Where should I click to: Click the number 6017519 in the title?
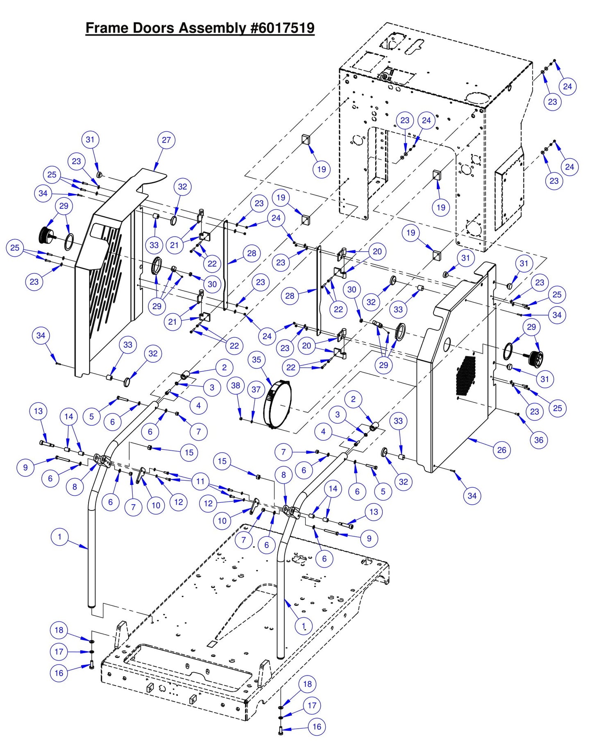283,28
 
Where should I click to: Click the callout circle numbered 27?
166,140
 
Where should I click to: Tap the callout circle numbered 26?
501,450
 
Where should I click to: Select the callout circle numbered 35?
256,359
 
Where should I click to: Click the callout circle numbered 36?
538,440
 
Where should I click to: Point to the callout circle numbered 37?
256,389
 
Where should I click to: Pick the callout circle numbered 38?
236,385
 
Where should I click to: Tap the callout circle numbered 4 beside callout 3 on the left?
198,405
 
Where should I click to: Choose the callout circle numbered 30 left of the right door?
352,289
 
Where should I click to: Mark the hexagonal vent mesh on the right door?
466,376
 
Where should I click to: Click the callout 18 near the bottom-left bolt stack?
59,630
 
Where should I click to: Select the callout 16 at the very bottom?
317,727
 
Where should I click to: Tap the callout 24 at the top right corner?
567,86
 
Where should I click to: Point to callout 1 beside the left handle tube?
59,537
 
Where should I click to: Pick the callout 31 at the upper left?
90,140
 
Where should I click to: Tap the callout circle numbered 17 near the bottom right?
312,705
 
